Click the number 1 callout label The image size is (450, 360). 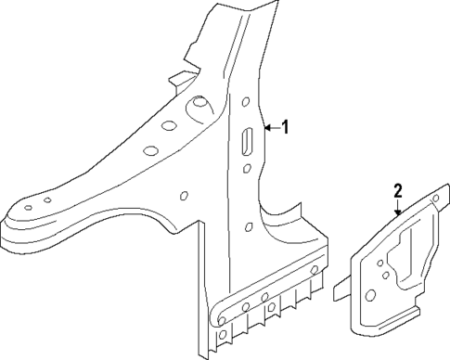(286, 127)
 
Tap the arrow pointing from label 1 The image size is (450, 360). (271, 127)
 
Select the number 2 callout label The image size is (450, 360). (397, 192)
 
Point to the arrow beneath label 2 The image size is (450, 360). (398, 208)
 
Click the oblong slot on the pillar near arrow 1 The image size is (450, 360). (248, 141)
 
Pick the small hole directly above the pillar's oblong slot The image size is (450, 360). (247, 103)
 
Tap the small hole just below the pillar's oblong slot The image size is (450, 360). (247, 168)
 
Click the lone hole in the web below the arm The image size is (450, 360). (184, 196)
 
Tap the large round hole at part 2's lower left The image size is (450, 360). (370, 295)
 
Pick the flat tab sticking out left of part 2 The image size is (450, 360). (340, 291)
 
